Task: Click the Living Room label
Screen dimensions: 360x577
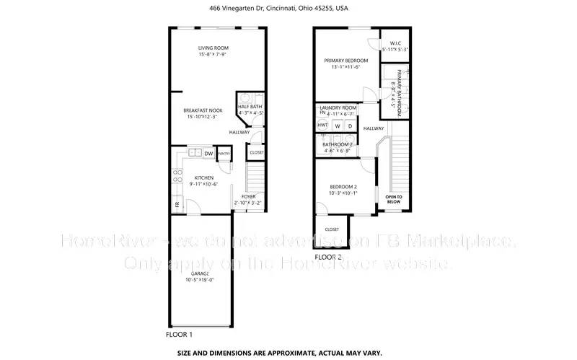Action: (213, 48)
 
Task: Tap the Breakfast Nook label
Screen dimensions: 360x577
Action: (203, 110)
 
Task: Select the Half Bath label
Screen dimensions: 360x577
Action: (250, 107)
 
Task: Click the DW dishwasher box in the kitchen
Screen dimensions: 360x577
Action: (208, 153)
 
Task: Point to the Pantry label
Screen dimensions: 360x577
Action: (224, 153)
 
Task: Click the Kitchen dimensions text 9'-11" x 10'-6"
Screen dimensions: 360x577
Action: (204, 184)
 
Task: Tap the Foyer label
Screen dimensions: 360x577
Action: (249, 196)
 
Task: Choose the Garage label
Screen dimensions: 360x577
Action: (201, 274)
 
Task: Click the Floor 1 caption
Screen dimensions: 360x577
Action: (179, 335)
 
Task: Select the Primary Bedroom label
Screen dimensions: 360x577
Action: (346, 61)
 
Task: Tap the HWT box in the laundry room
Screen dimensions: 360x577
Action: (322, 126)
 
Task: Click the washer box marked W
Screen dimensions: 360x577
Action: (337, 126)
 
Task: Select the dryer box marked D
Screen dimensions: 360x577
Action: (350, 126)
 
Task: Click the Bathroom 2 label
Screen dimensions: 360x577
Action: (338, 144)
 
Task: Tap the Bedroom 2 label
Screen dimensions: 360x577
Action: (343, 187)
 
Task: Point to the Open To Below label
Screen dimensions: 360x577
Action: (393, 199)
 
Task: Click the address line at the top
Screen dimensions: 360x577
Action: (288, 9)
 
